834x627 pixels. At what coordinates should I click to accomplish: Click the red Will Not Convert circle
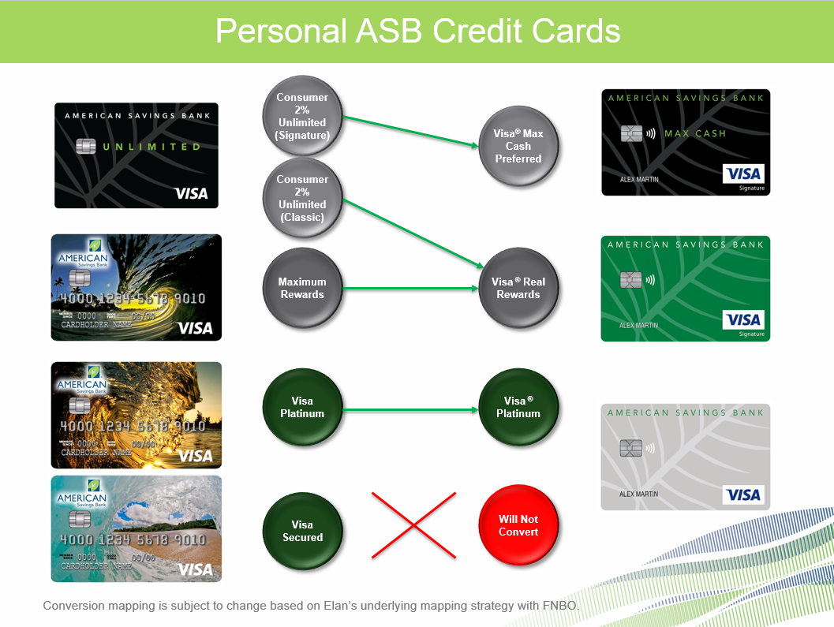tap(518, 524)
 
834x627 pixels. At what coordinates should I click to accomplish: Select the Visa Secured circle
tap(302, 530)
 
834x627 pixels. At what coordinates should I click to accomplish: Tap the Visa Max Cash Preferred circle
tap(518, 146)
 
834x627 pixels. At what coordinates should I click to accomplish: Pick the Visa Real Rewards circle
tap(518, 288)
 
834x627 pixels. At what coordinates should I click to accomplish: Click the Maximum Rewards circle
tap(302, 288)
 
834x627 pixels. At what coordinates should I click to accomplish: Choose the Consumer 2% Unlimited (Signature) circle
tap(302, 114)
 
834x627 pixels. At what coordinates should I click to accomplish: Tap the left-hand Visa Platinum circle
tap(302, 407)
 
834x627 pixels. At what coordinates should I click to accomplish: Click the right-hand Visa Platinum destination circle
tap(518, 407)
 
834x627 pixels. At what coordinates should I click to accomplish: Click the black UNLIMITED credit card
tap(136, 155)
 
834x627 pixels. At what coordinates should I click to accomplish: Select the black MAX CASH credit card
tap(685, 142)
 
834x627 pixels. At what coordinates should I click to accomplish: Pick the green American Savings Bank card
tap(685, 289)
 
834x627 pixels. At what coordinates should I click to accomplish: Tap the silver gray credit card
tap(685, 457)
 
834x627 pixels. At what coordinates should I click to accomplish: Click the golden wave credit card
tap(136, 415)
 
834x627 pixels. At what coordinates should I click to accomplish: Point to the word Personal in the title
tap(280, 32)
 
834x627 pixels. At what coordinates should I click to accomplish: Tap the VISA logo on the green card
tap(743, 319)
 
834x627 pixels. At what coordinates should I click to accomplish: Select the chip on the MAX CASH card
tap(630, 133)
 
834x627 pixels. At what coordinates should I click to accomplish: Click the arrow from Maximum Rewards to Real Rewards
tap(410, 289)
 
